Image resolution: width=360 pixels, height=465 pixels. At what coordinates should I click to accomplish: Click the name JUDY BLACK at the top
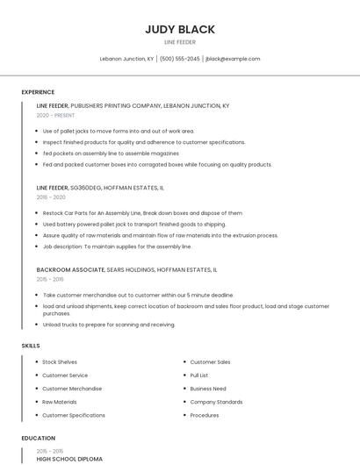[x=179, y=29]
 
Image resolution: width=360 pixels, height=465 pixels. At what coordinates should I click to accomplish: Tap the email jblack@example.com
[x=232, y=59]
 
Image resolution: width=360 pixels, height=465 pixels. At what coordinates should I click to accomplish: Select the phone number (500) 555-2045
[x=179, y=59]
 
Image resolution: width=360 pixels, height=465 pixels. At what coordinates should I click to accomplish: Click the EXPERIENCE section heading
[x=38, y=92]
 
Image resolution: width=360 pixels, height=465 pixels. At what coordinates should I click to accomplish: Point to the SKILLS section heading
[x=31, y=346]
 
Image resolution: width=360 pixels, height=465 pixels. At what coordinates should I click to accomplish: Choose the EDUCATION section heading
[x=39, y=438]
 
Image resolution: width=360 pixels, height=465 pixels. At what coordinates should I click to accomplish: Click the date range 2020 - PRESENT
[x=55, y=115]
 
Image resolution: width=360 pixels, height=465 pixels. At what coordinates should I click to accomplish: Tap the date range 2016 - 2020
[x=51, y=197]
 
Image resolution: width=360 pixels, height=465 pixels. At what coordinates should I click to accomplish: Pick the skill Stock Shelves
[x=60, y=361]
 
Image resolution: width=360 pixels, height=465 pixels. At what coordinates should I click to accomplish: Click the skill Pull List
[x=199, y=375]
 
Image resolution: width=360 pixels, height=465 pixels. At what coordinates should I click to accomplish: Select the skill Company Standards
[x=216, y=402]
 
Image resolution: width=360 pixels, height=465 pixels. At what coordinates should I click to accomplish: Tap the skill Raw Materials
[x=60, y=402]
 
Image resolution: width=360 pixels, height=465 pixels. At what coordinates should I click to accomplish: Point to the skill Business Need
[x=208, y=388]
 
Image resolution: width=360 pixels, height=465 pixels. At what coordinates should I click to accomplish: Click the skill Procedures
[x=205, y=415]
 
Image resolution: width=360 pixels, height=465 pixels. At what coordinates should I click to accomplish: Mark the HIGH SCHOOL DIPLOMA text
[x=69, y=459]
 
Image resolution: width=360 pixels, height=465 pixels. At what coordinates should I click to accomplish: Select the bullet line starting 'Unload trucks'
[x=109, y=325]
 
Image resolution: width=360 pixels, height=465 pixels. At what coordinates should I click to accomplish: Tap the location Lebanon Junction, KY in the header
[x=127, y=59]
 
